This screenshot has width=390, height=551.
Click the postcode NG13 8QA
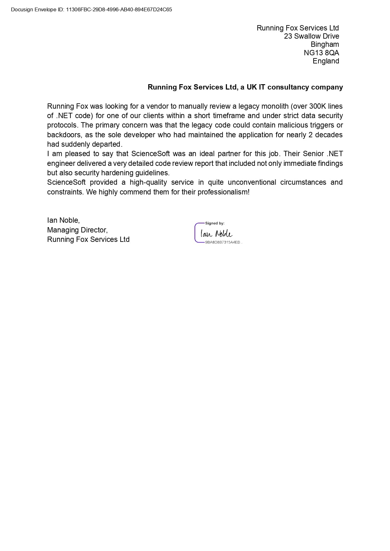click(x=321, y=53)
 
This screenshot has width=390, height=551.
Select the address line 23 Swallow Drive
click(x=311, y=36)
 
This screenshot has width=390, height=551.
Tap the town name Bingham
click(x=325, y=44)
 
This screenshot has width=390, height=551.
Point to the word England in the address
click(x=326, y=61)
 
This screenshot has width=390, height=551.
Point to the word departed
click(x=108, y=144)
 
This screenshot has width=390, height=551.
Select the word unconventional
click(x=252, y=182)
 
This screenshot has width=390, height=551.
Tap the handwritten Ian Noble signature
click(x=217, y=234)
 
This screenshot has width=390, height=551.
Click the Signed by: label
click(x=215, y=223)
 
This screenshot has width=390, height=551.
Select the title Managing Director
click(x=77, y=230)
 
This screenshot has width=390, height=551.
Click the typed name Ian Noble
click(x=63, y=220)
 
